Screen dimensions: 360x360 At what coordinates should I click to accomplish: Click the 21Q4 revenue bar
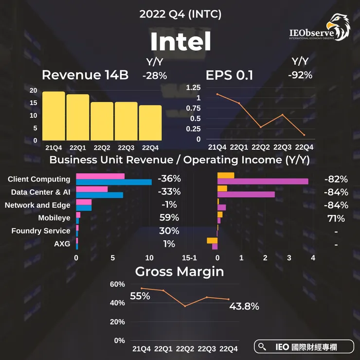(x=54, y=115)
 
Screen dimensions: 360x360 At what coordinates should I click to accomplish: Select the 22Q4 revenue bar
(x=150, y=122)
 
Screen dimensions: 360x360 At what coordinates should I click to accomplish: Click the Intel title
(x=180, y=42)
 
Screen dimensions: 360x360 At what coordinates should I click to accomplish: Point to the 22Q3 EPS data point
(x=282, y=115)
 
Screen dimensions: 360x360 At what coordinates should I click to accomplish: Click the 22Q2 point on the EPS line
(x=260, y=127)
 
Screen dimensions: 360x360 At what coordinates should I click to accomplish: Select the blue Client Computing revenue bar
(x=114, y=182)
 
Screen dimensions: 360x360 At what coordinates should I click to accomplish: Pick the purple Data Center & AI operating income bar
(x=246, y=195)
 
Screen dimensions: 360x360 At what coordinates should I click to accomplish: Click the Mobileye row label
(x=54, y=218)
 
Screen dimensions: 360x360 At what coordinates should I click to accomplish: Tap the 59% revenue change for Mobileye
(x=169, y=217)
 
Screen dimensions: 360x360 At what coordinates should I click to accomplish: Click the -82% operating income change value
(x=336, y=179)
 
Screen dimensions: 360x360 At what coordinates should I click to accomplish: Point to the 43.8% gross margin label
(x=244, y=306)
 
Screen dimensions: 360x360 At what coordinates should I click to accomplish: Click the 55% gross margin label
(x=140, y=296)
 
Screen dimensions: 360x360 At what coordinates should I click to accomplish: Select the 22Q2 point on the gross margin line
(x=185, y=306)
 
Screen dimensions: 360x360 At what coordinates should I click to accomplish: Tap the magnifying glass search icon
(x=263, y=346)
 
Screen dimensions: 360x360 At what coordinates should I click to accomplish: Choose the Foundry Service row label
(x=41, y=231)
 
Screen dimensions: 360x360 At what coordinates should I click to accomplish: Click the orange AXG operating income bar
(x=212, y=240)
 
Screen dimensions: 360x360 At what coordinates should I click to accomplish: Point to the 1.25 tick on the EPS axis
(x=193, y=88)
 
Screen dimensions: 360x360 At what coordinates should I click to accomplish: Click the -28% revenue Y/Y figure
(x=155, y=75)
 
